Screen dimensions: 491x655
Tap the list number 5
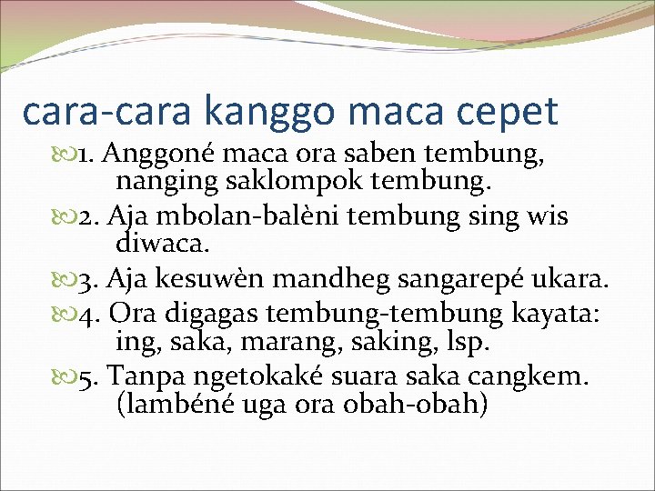86,375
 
